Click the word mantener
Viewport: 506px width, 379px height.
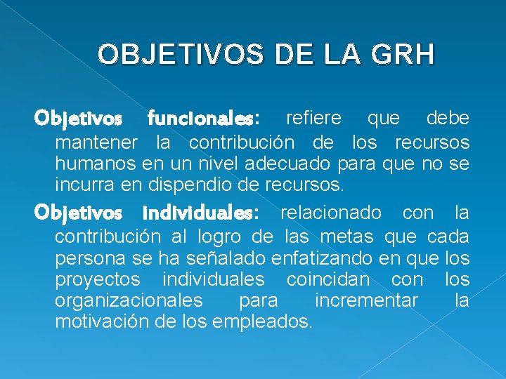96,143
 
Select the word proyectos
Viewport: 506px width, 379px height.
97,279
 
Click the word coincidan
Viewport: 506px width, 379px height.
327,279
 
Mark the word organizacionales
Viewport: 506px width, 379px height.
128,301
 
